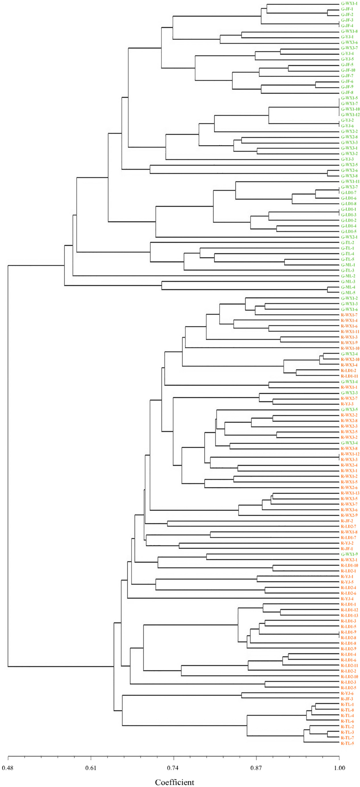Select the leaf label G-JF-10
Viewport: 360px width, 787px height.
click(348, 70)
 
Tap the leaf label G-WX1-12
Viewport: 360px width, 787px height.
click(350, 115)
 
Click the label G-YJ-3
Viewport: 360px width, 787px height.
click(347, 159)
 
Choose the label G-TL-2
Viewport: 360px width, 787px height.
click(347, 243)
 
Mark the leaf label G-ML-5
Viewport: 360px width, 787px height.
click(348, 293)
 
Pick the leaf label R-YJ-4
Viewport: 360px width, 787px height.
click(347, 599)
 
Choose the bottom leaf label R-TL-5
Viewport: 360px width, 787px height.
click(347, 743)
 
